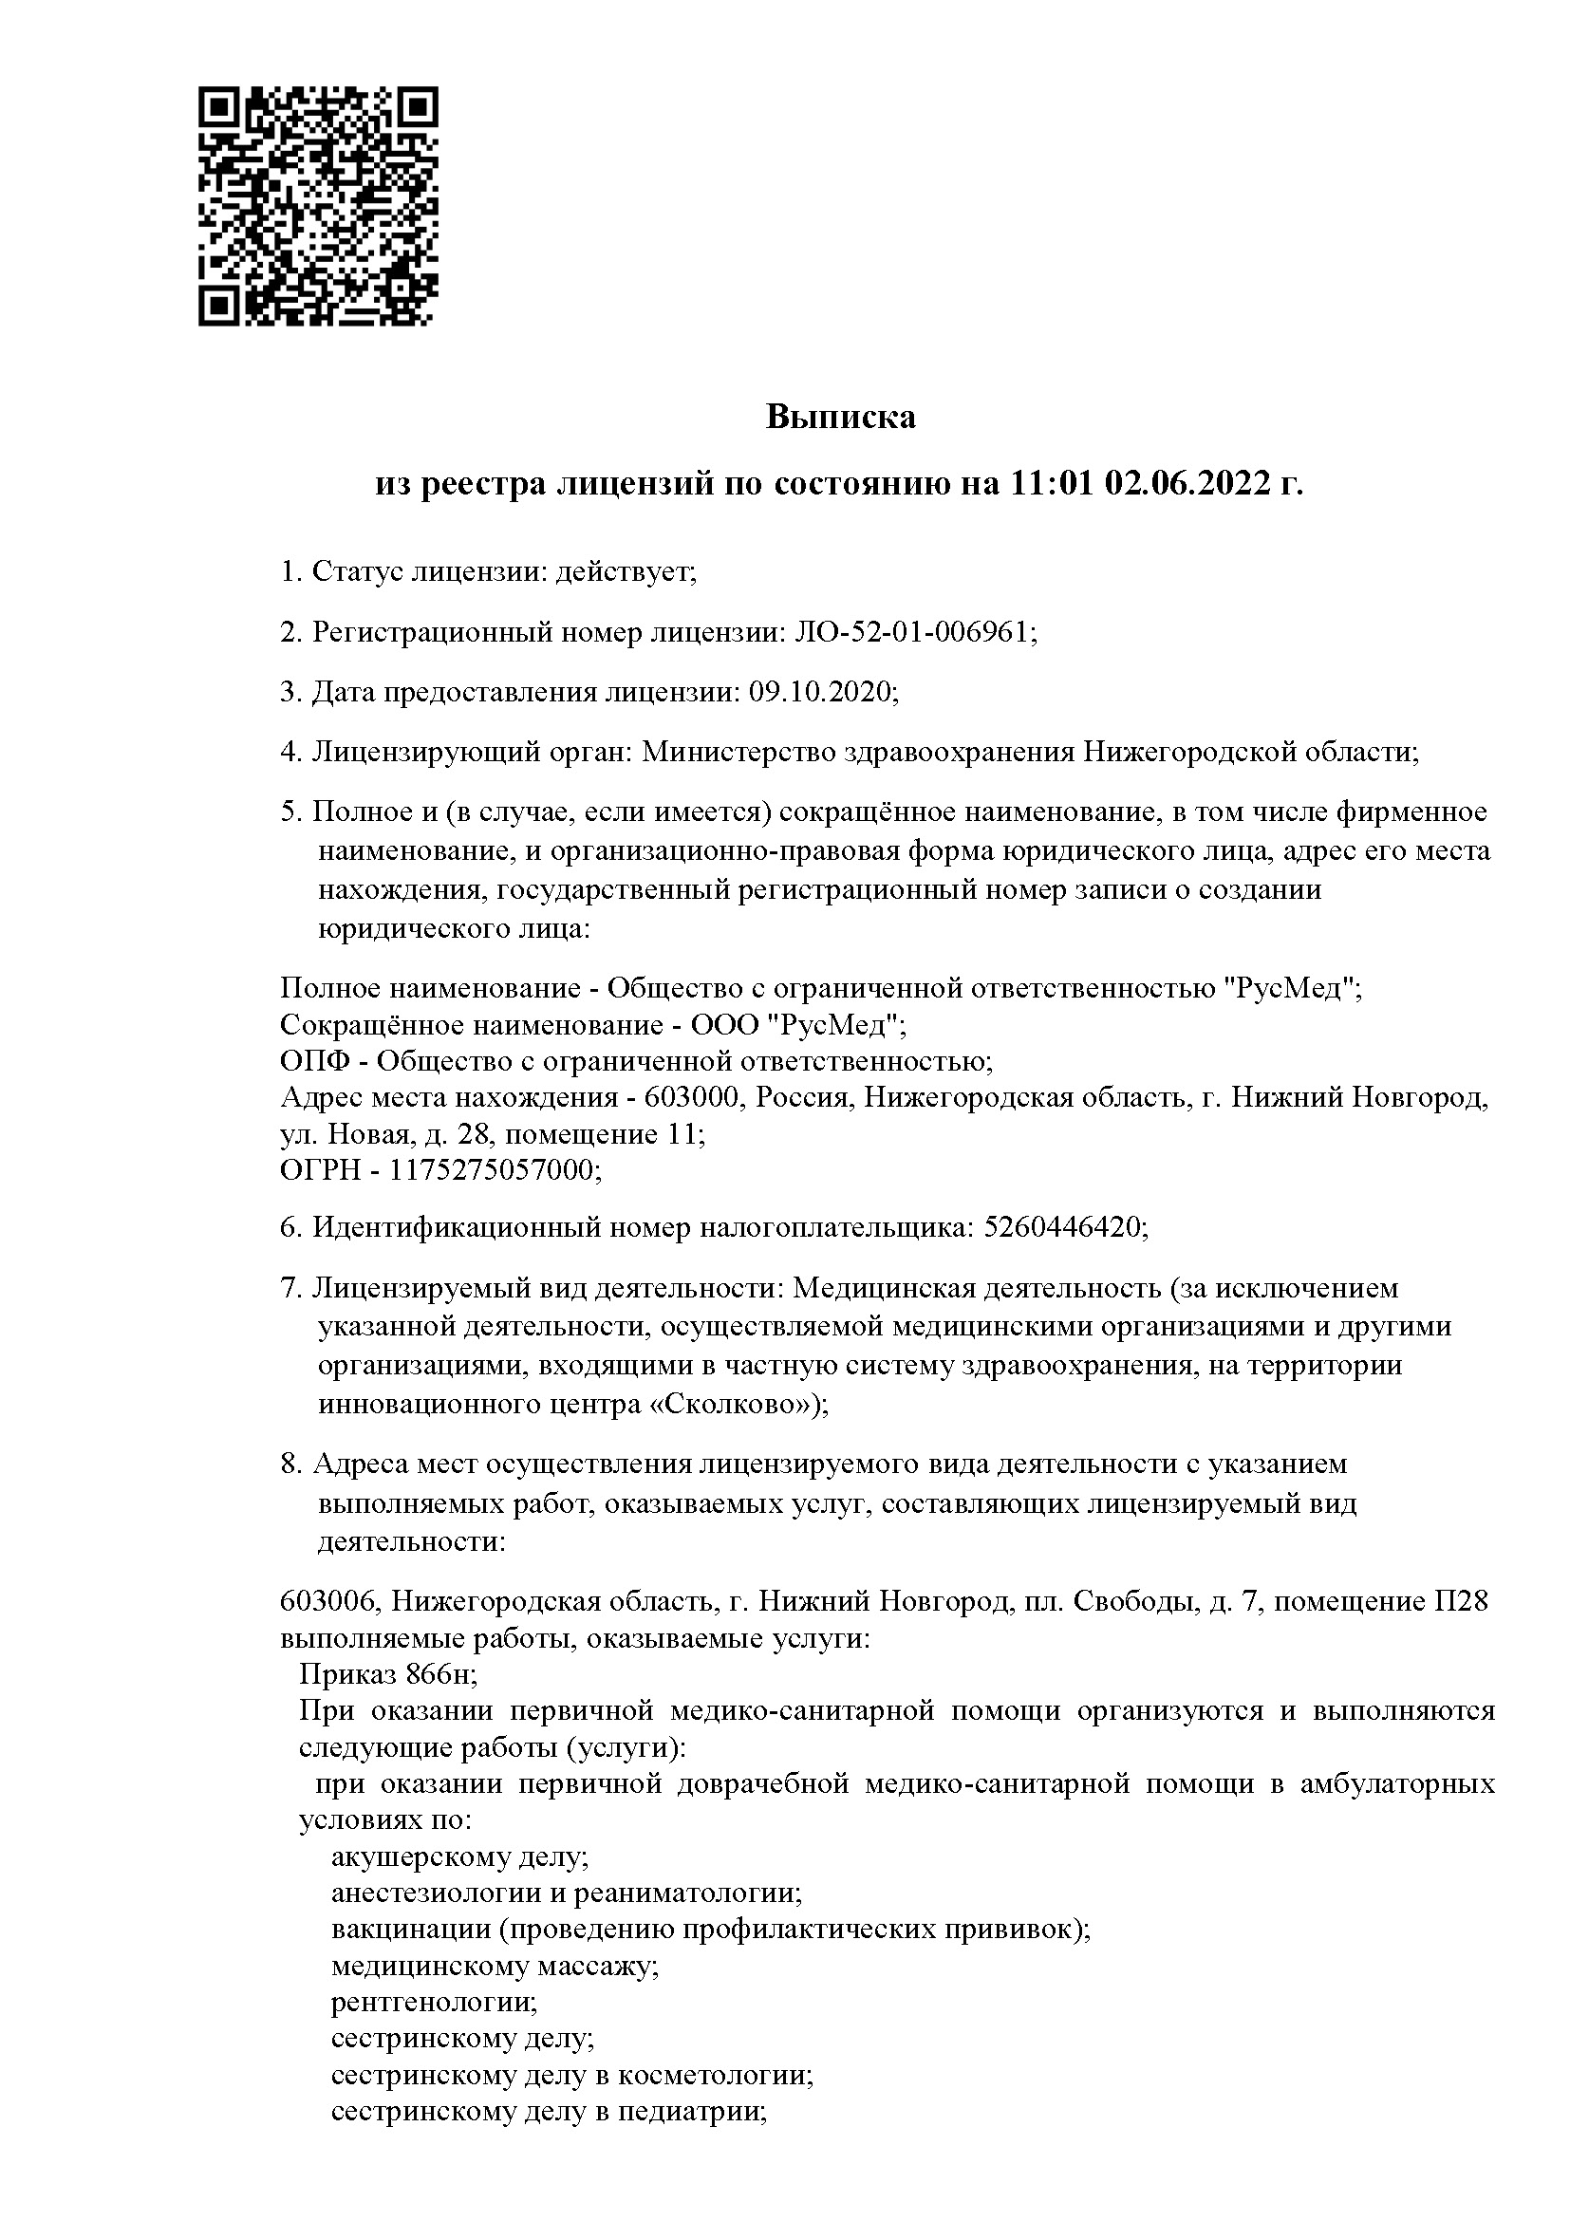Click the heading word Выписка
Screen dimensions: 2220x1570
pyautogui.click(x=840, y=417)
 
